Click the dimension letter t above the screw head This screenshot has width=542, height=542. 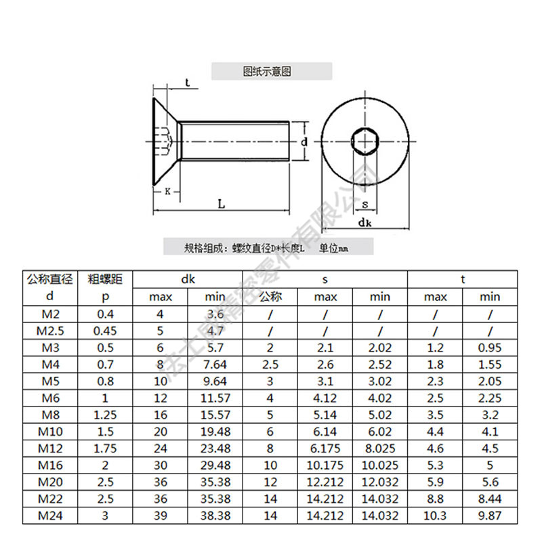pyautogui.click(x=186, y=83)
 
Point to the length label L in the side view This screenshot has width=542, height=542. pyautogui.click(x=222, y=203)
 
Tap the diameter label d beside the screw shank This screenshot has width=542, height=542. pyautogui.click(x=304, y=142)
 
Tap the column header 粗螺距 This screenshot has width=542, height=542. pyautogui.click(x=105, y=278)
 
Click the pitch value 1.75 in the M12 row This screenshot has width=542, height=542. pyautogui.click(x=105, y=449)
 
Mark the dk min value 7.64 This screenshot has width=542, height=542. pyautogui.click(x=215, y=364)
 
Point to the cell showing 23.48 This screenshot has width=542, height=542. pyautogui.click(x=215, y=449)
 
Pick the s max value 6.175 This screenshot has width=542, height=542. pyautogui.click(x=325, y=449)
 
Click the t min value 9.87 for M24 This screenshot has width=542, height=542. pyautogui.click(x=489, y=516)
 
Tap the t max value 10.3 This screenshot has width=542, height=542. pyautogui.click(x=435, y=516)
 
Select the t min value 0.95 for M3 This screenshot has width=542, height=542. pyautogui.click(x=489, y=348)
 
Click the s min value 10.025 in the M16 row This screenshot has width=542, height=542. pyautogui.click(x=380, y=465)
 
